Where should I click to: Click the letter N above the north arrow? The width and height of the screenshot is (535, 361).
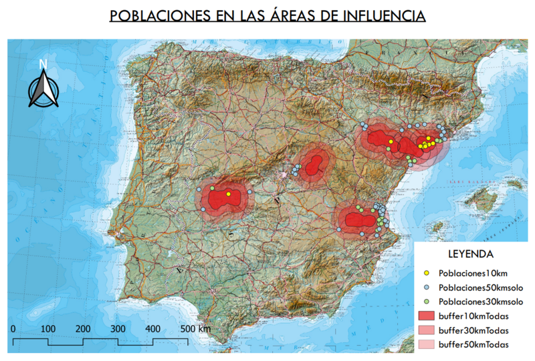43,64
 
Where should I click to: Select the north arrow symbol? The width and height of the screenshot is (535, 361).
43,90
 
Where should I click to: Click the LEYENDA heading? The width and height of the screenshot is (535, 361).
470,254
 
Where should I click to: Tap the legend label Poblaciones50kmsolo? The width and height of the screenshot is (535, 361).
480,288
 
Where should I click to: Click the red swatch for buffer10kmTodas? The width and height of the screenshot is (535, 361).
426,316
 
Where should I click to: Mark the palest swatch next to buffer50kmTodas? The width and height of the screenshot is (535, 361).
426,344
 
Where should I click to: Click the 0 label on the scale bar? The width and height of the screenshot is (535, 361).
13,329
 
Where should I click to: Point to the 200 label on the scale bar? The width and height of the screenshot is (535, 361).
83,329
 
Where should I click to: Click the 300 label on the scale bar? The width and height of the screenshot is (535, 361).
118,329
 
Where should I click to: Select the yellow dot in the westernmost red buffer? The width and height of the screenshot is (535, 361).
229,194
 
